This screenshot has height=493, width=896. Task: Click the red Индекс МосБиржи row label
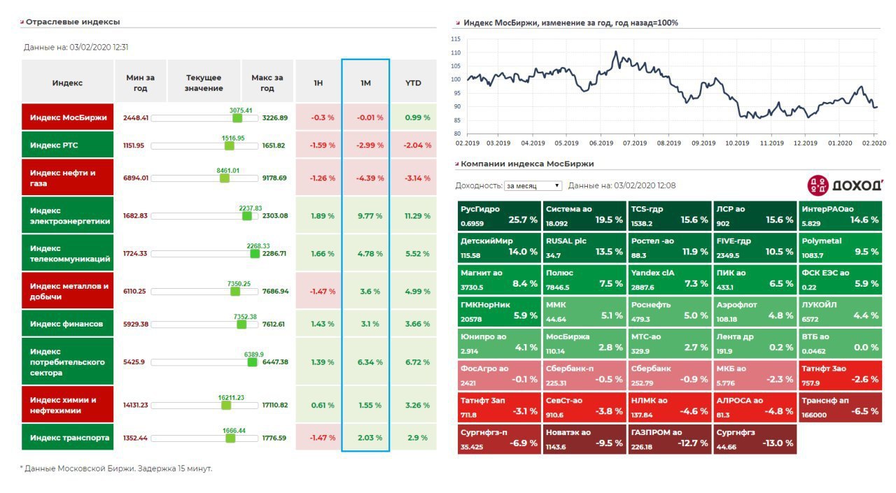click(x=67, y=117)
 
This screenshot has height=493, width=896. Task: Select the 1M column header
click(x=365, y=83)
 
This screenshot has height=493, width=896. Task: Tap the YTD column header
click(x=413, y=83)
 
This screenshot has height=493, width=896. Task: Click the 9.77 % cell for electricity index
click(x=370, y=216)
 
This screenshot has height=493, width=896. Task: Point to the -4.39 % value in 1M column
click(x=370, y=178)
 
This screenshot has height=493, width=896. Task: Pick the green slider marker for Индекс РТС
click(x=229, y=145)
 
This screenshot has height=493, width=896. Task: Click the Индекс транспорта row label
click(x=67, y=438)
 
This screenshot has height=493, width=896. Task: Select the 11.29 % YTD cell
click(x=417, y=216)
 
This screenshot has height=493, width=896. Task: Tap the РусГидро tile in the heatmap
click(x=499, y=215)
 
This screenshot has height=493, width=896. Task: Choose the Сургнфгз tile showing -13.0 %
click(x=755, y=438)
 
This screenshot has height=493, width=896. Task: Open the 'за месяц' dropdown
click(x=533, y=186)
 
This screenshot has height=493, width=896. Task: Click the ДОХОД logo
click(x=844, y=185)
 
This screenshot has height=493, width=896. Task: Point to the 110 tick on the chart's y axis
click(x=456, y=52)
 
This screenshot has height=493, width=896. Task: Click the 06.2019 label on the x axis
click(x=601, y=143)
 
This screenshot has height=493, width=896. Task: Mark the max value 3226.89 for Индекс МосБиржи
click(x=274, y=117)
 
